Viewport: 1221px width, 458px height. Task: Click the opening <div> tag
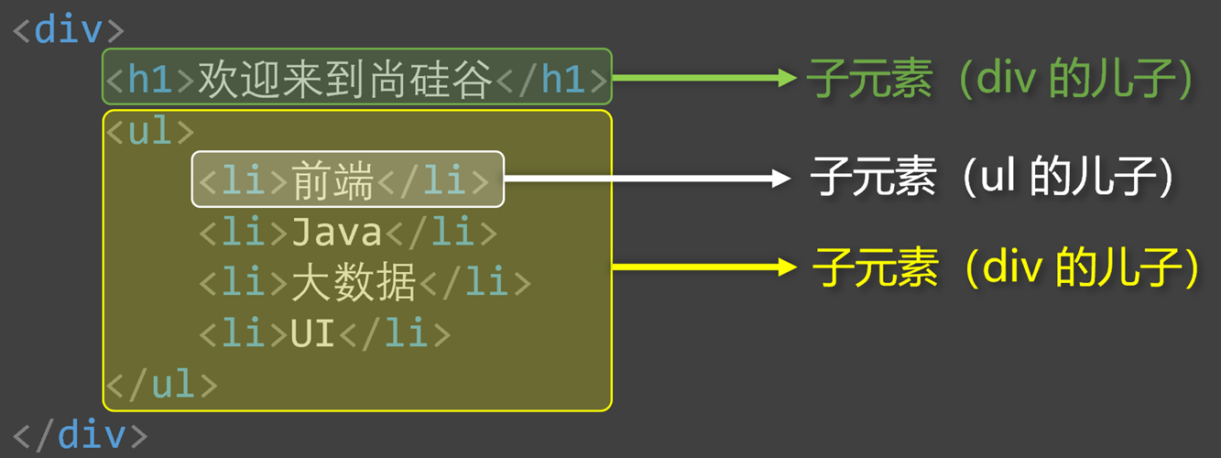click(x=68, y=30)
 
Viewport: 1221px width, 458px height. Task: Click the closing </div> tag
click(x=80, y=433)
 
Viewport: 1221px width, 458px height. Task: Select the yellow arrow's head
click(x=786, y=267)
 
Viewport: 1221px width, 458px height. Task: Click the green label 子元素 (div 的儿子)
click(x=999, y=80)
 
